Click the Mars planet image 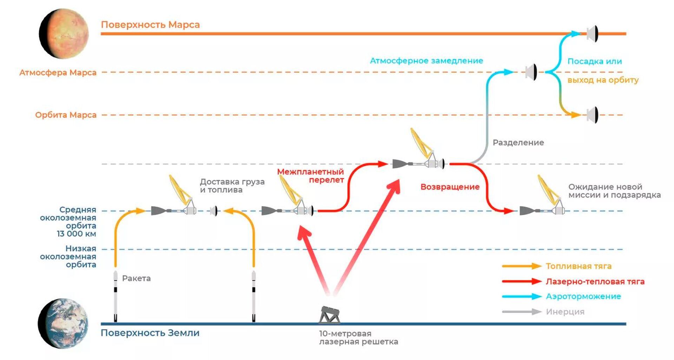(64, 34)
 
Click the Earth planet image (63, 323)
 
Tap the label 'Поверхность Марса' (150, 25)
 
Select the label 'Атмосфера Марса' (58, 73)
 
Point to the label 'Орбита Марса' (66, 115)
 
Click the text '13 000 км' (77, 234)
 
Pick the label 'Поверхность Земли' (150, 333)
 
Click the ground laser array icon (329, 315)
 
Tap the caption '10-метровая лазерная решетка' (358, 338)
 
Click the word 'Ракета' (136, 279)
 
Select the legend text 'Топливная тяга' (579, 266)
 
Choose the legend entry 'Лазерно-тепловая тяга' (595, 281)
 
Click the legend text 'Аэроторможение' (583, 296)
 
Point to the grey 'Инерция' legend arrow (522, 312)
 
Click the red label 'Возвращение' (450, 187)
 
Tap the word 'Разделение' (518, 143)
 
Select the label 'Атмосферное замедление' (427, 61)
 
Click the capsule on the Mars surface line (592, 34)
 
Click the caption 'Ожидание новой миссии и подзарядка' (614, 191)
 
